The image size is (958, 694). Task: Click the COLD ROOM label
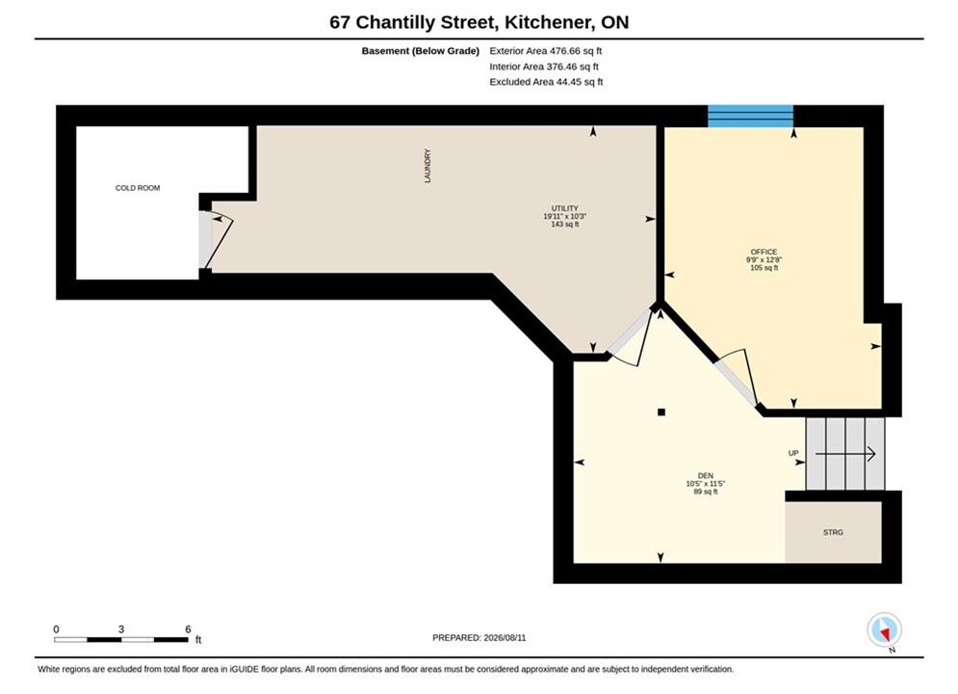(138, 188)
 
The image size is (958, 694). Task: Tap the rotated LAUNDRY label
(427, 166)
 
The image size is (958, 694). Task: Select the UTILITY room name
(564, 208)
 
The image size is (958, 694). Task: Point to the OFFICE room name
(764, 252)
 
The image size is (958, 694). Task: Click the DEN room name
(705, 476)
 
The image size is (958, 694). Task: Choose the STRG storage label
(833, 533)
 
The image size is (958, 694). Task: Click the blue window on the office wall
(750, 117)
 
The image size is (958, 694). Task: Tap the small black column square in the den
(661, 413)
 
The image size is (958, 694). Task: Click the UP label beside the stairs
(793, 453)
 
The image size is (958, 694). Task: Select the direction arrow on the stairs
(845, 454)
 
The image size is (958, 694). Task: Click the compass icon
(884, 629)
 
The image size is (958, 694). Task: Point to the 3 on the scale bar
(121, 629)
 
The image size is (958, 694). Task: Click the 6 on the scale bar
(188, 629)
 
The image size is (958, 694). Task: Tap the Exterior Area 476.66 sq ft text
(546, 51)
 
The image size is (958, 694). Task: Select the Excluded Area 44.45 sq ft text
(546, 81)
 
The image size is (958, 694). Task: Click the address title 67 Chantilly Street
(412, 22)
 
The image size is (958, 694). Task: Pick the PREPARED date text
(479, 638)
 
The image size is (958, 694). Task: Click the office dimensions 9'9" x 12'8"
(764, 260)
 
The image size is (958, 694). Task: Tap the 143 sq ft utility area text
(564, 225)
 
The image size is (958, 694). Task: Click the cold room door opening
(205, 240)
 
